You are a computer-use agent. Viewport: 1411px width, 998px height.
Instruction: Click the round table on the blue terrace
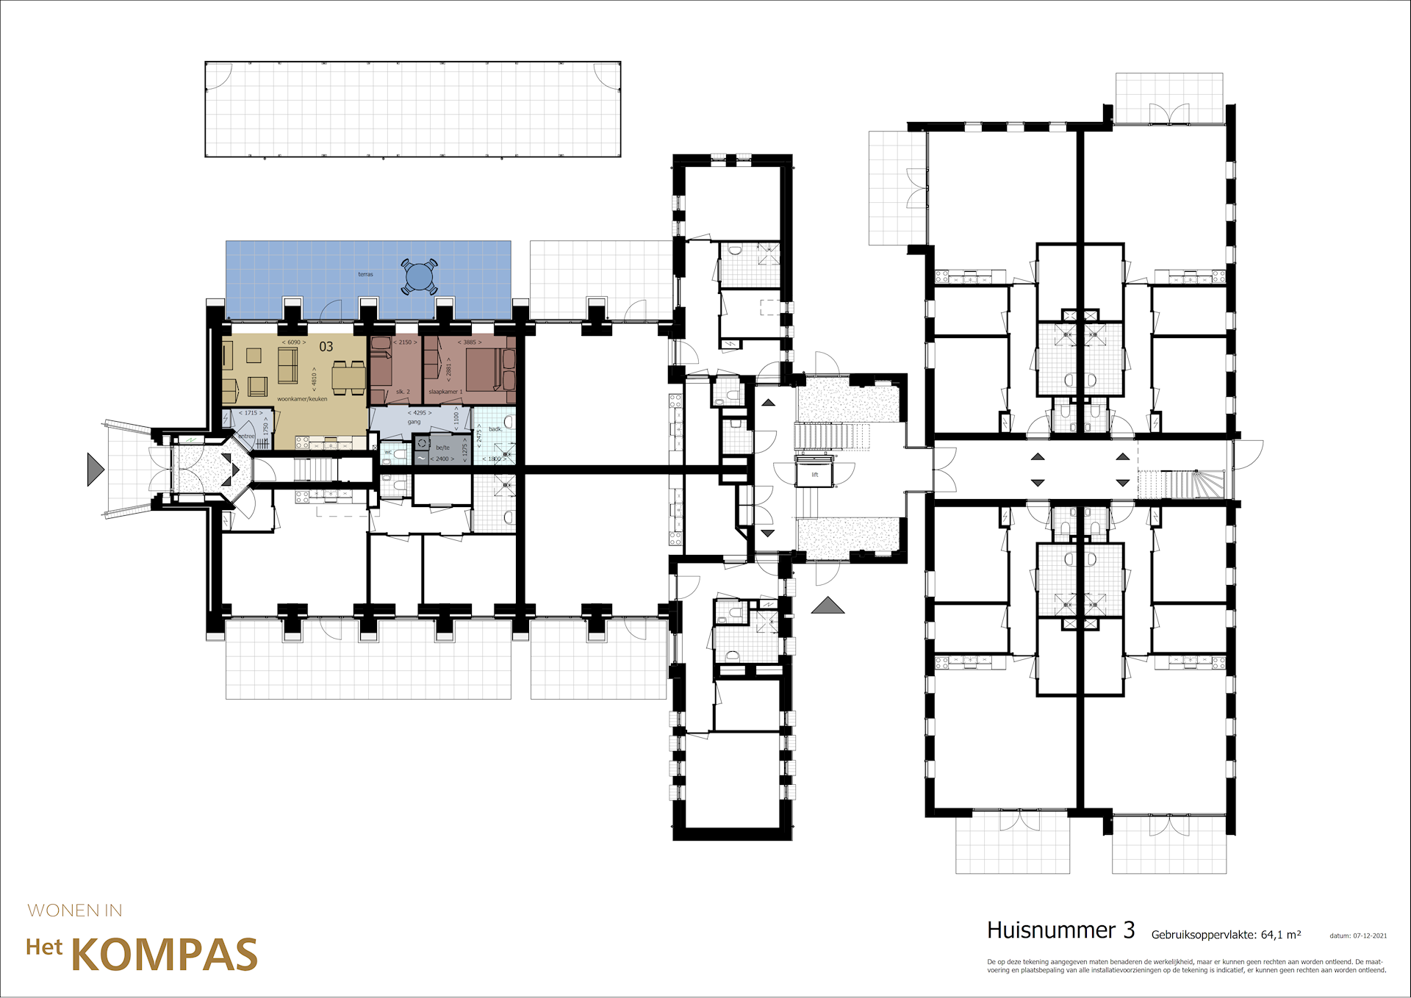(419, 277)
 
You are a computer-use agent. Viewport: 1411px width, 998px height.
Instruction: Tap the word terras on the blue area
(365, 274)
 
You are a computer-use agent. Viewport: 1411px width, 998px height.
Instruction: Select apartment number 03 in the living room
(326, 347)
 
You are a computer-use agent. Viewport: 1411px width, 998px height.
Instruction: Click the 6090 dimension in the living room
(294, 342)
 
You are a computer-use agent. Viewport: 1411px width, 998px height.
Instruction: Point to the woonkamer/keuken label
(302, 399)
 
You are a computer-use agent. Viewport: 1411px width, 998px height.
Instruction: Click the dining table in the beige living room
(348, 378)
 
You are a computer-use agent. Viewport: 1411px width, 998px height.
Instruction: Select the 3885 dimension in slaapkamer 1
(470, 342)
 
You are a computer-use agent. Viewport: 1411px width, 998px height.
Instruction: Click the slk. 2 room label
(403, 392)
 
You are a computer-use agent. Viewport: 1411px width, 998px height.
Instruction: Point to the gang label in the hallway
(414, 422)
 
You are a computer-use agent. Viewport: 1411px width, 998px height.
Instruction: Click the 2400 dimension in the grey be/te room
(442, 459)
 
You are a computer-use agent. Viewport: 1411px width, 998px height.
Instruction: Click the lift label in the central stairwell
(814, 475)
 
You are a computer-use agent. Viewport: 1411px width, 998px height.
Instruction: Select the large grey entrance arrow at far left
(95, 469)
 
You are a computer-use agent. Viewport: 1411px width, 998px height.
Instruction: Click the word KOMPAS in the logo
(164, 955)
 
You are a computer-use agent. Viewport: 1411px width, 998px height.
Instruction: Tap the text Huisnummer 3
(1060, 930)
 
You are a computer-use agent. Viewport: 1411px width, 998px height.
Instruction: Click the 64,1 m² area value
(1280, 935)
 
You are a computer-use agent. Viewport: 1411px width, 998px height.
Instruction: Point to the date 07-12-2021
(1370, 936)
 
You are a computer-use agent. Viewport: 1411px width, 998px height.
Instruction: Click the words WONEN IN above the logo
(75, 911)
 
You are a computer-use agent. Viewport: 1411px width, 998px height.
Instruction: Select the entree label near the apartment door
(246, 436)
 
